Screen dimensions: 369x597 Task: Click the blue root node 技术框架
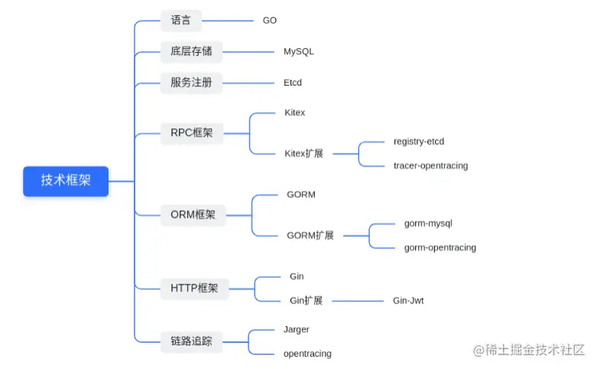[66, 181]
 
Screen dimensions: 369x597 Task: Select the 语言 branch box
[181, 21]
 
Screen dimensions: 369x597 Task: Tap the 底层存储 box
[191, 52]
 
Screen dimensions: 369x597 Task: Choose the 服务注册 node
[191, 83]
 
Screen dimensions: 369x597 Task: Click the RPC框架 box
[191, 133]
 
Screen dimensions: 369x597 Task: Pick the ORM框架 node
[193, 215]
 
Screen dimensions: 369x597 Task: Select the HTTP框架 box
[194, 288]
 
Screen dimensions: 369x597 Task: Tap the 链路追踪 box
[191, 341]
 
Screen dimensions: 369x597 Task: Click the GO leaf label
[270, 21]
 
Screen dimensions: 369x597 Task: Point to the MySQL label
[298, 52]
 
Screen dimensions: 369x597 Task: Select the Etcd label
[292, 83]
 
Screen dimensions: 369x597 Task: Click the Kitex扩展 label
[303, 154]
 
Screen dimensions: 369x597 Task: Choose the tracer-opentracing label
[430, 166]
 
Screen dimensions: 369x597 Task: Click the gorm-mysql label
[428, 223]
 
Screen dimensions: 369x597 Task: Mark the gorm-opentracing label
[440, 248]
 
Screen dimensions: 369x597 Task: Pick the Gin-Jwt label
[408, 301]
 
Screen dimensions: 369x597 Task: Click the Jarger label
[296, 329]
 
